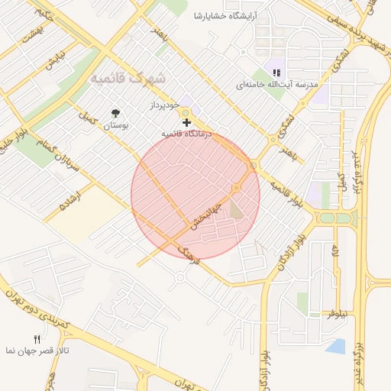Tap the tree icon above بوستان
tap(116, 111)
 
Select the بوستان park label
tap(115, 124)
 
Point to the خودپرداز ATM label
tap(164, 103)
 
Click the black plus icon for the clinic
tap(186, 121)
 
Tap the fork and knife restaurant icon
tap(35, 338)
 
